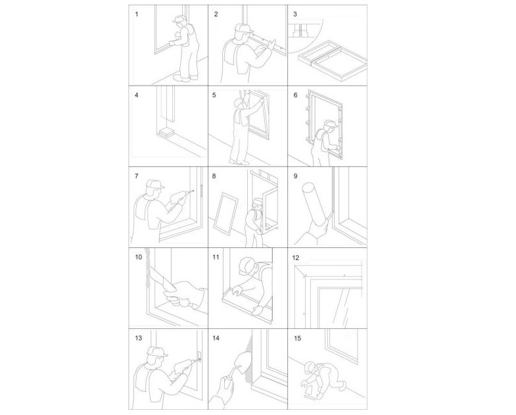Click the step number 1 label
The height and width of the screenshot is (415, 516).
pos(137,12)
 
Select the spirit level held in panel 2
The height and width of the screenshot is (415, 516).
pos(260,44)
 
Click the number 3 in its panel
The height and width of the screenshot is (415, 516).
pos(295,13)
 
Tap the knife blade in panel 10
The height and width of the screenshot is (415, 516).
pos(155,276)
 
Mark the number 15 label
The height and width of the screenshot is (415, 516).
pos(296,338)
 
